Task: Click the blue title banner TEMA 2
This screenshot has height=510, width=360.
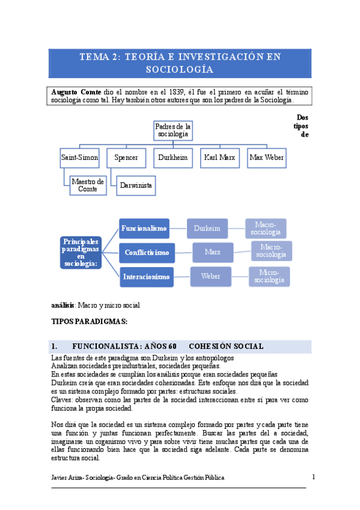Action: (180, 63)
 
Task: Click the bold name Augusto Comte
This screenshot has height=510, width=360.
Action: (77, 91)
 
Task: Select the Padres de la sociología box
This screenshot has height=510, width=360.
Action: (173, 131)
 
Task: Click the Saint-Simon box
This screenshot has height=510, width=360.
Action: (80, 158)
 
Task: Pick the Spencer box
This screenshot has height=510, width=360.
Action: (126, 158)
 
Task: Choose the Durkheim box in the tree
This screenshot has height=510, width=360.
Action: (172, 158)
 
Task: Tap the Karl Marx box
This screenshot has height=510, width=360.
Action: (219, 158)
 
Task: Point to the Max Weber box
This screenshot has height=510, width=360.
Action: (267, 158)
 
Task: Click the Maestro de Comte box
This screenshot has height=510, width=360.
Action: (87, 185)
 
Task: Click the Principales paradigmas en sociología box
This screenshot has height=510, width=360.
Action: (81, 252)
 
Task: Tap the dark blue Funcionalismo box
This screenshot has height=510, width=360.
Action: (143, 229)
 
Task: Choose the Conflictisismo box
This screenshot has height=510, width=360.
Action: (147, 253)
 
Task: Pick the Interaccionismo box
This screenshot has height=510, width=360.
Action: (147, 277)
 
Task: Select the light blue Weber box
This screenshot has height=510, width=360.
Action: (210, 277)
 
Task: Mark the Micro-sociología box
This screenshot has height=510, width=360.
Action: (269, 277)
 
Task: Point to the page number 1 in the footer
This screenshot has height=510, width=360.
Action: (313, 477)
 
